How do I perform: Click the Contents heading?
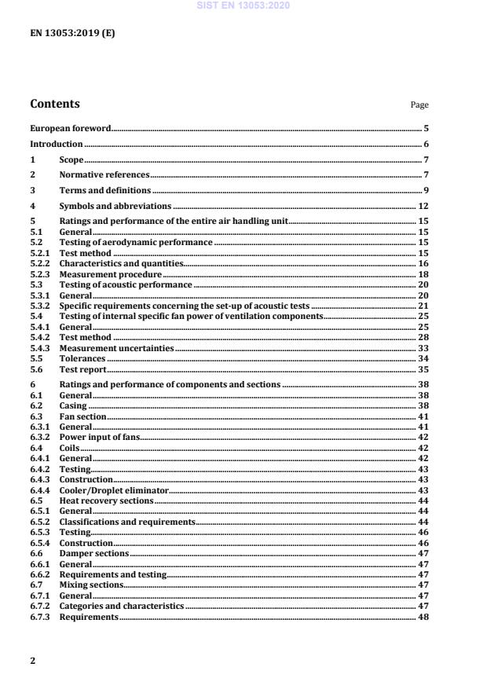[54, 104]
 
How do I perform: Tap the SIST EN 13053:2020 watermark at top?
[244, 5]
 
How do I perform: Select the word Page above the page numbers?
[419, 104]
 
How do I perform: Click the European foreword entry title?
[70, 127]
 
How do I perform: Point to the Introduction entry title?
[56, 144]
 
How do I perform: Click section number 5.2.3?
[40, 275]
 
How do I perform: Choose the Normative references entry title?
[104, 174]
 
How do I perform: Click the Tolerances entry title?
[82, 358]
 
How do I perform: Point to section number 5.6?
[36, 369]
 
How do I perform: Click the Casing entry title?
[73, 405]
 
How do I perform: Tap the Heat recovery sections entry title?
[106, 500]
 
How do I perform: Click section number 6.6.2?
[40, 575]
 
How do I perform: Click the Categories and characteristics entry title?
[121, 607]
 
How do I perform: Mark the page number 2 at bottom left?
[32, 661]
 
